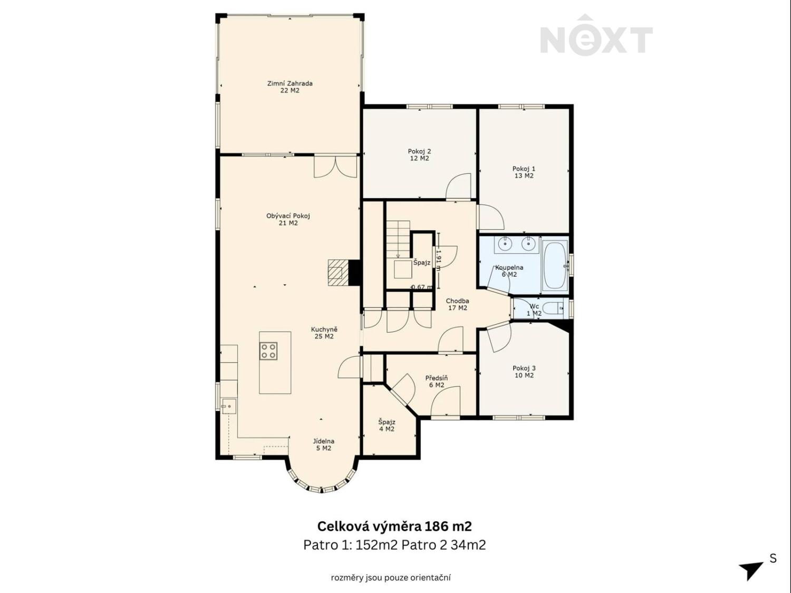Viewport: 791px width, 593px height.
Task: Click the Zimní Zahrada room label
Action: click(290, 87)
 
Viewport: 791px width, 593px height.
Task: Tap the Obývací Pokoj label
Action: click(288, 219)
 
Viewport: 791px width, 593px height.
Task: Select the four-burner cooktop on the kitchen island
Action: click(269, 351)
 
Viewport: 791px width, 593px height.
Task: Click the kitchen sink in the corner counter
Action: click(229, 406)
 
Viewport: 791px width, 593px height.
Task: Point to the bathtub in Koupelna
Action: click(555, 266)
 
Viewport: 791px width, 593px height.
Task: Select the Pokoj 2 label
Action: click(419, 155)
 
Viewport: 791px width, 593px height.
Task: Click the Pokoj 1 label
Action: click(524, 172)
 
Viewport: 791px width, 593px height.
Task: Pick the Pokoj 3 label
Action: click(524, 372)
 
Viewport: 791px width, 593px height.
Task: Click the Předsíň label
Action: click(437, 381)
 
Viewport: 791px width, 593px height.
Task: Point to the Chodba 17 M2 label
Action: click(457, 304)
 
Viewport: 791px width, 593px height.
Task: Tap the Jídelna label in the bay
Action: click(324, 445)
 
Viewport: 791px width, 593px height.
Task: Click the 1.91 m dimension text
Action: click(438, 260)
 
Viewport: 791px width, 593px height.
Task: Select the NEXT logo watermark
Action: click(596, 35)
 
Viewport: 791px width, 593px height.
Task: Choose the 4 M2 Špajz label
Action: click(387, 425)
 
